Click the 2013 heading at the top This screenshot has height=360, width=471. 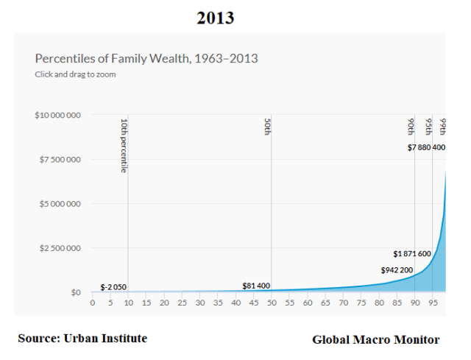coord(215,18)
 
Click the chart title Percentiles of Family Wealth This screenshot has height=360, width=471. coord(146,58)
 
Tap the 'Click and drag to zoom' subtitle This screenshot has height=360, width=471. coord(75,74)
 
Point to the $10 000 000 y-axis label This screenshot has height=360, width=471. coord(57,116)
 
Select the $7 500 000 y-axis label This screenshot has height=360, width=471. coord(59,160)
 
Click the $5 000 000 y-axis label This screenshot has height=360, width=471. coord(59,204)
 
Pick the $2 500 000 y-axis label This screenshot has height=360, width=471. coord(59,248)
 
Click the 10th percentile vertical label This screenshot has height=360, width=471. coord(124,145)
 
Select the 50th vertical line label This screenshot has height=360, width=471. coord(267,127)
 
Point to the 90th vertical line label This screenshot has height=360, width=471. coord(411,127)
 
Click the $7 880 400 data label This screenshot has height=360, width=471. coord(426,148)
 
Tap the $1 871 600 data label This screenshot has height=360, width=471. coord(412,254)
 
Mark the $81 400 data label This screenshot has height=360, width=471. coord(256,286)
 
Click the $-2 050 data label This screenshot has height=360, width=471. coord(114,286)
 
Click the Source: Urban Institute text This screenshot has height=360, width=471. coord(82,338)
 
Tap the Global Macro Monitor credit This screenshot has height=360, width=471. coord(375,339)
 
